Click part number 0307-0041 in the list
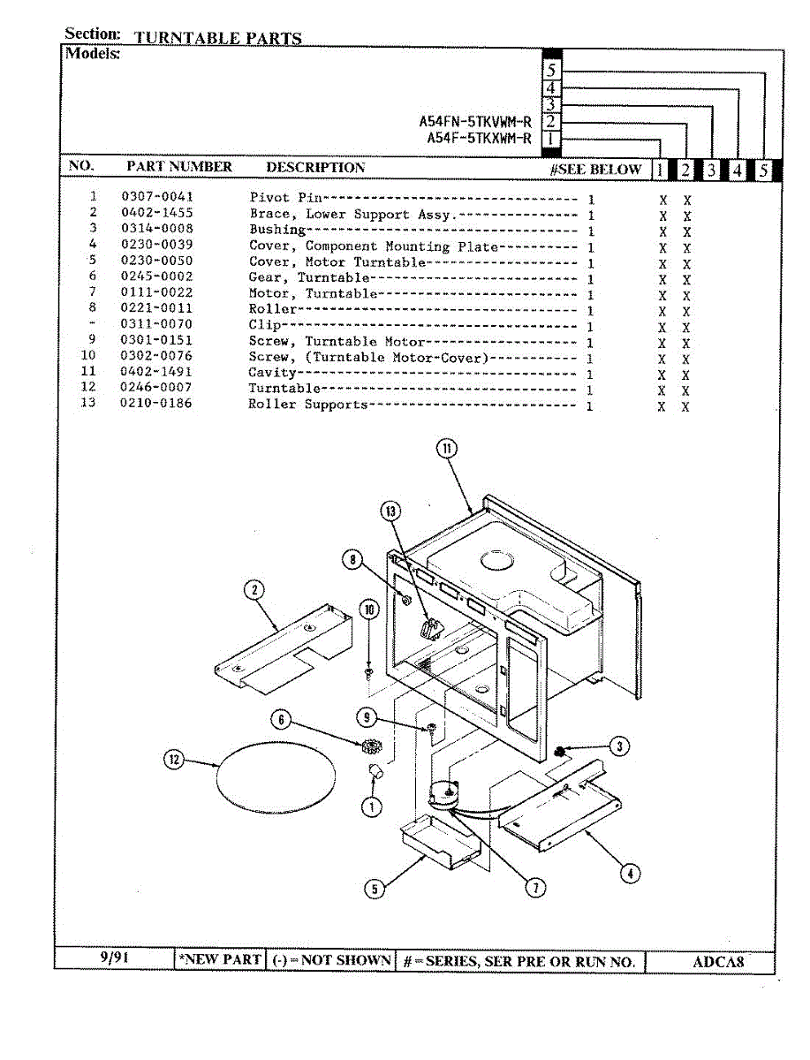(x=157, y=197)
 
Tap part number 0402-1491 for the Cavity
(x=156, y=372)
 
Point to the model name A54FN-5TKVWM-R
(x=474, y=122)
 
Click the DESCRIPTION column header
(x=315, y=167)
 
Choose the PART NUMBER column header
(x=179, y=167)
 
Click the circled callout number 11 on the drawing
(x=448, y=448)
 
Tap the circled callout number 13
(x=390, y=511)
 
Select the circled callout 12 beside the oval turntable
(x=174, y=759)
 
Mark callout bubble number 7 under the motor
(x=535, y=888)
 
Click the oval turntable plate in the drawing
(x=276, y=771)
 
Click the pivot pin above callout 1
(x=375, y=773)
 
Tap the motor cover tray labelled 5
(x=437, y=842)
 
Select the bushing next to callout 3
(x=559, y=752)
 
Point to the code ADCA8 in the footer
(x=715, y=962)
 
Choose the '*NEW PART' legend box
(x=220, y=960)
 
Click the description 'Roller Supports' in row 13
(x=307, y=405)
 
